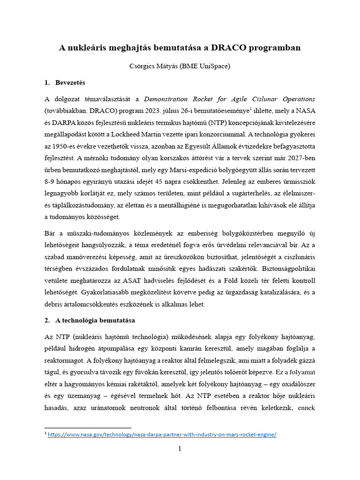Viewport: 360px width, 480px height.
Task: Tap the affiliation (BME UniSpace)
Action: (207, 67)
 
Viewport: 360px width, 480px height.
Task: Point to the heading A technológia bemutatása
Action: (95, 320)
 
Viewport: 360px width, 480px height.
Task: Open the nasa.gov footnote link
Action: (163, 435)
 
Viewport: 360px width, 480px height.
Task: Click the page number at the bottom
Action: (180, 449)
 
